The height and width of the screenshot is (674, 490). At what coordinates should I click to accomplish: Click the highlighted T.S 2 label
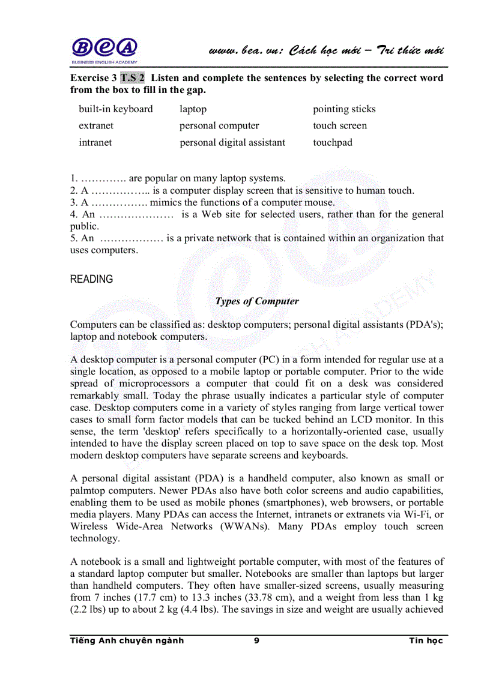[132, 78]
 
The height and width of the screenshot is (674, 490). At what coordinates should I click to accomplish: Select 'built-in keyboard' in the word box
[116, 109]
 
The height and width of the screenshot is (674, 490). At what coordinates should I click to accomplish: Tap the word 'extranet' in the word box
[96, 126]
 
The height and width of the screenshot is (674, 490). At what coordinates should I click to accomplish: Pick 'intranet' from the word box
[95, 143]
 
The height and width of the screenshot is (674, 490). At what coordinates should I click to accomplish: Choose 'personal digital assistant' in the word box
[232, 143]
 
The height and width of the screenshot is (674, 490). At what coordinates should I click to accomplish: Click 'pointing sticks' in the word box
[344, 109]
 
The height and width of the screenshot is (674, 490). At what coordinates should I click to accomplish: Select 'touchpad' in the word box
[333, 143]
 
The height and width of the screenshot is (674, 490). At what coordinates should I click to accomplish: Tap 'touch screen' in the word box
[340, 126]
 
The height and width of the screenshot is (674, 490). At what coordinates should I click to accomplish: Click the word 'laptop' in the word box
[193, 109]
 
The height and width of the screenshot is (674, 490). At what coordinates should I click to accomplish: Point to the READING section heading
[91, 280]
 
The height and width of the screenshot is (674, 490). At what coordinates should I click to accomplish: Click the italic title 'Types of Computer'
[257, 301]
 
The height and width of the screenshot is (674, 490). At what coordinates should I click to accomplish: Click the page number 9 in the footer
[256, 641]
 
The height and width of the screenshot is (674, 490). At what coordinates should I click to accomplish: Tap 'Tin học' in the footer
[426, 641]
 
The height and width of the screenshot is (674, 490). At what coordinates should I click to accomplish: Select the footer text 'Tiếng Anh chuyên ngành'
[127, 641]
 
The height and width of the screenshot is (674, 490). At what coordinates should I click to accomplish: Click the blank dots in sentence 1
[103, 179]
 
